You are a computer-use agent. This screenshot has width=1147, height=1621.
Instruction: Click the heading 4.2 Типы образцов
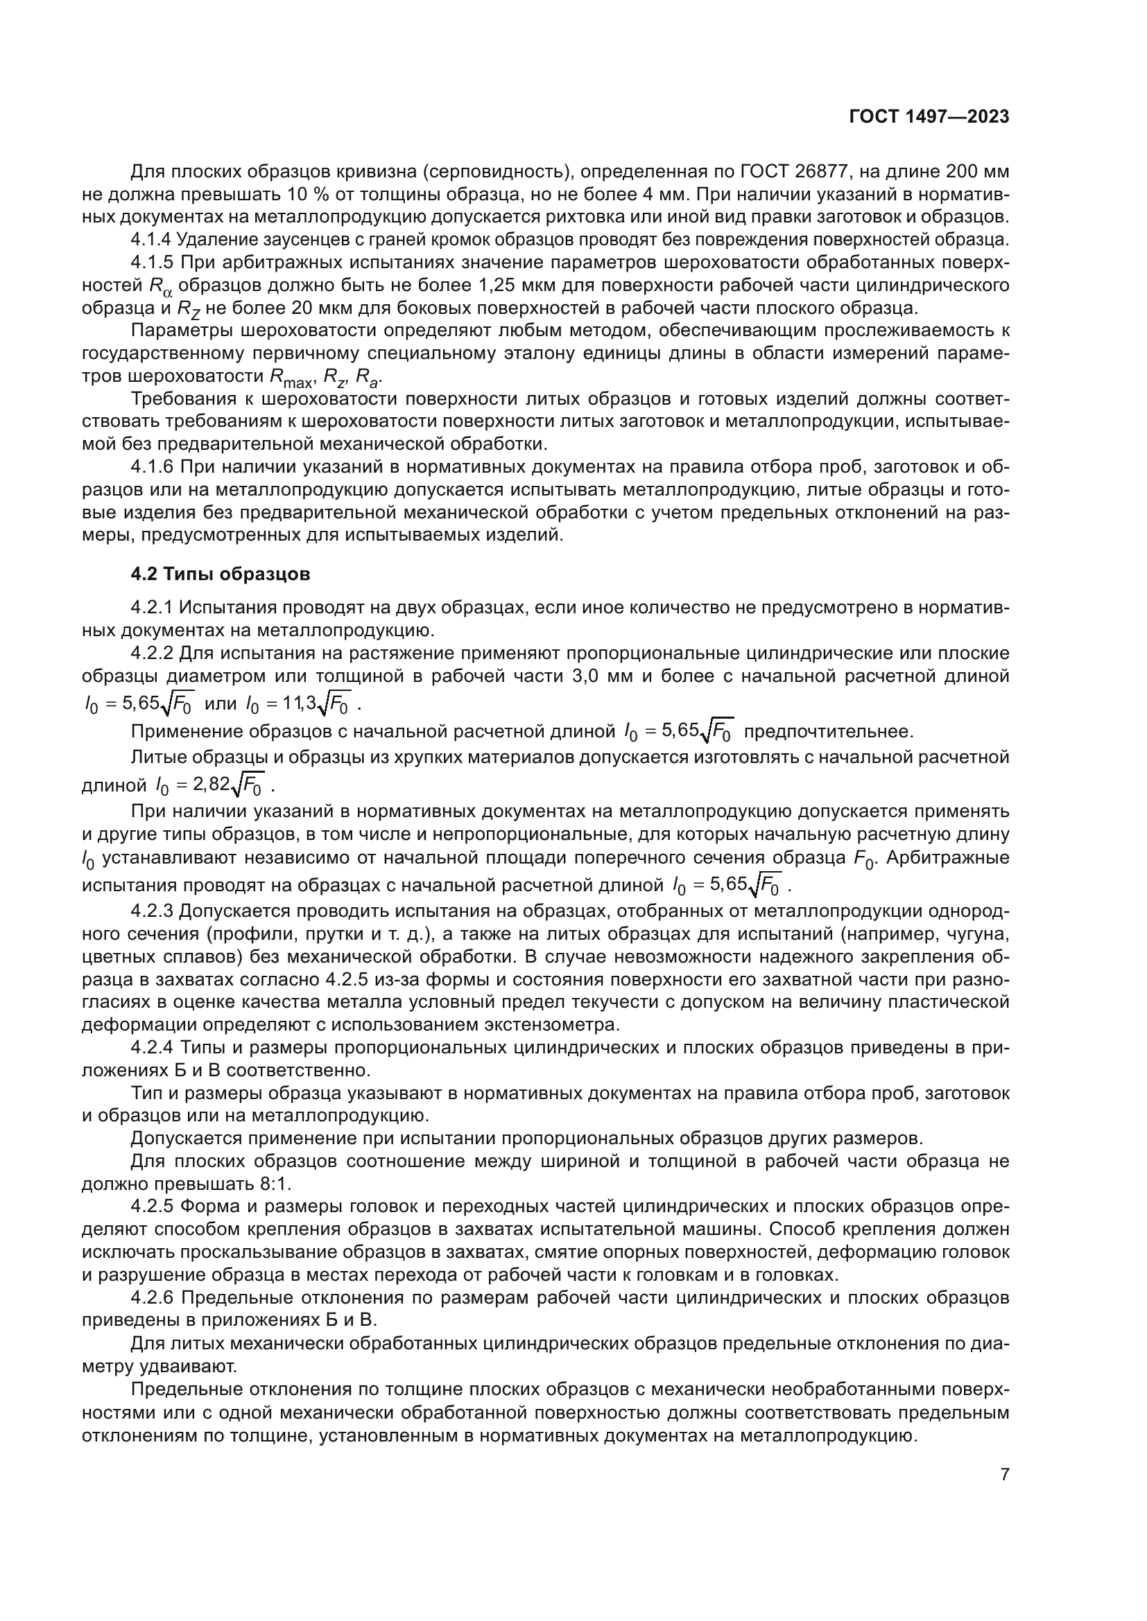point(221,574)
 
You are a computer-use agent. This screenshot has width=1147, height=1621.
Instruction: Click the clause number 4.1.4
point(151,240)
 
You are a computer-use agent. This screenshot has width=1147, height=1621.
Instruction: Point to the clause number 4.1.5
point(151,263)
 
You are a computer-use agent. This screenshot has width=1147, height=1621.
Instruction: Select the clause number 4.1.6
point(151,467)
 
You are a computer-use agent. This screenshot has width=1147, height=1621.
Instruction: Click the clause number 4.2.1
point(151,608)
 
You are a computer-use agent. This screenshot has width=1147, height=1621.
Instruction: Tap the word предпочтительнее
point(829,731)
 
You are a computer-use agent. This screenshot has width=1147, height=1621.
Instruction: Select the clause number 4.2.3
point(151,911)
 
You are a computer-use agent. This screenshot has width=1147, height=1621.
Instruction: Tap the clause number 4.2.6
point(151,1297)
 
